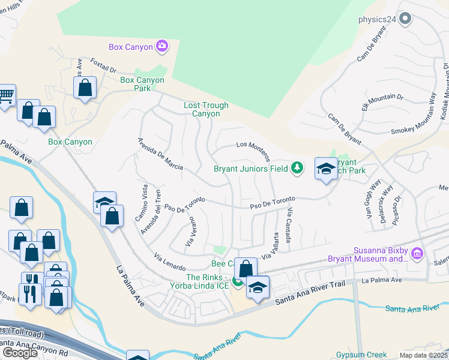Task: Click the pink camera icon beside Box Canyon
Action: [161, 46]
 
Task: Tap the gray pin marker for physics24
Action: [405, 19]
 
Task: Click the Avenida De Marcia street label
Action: [160, 155]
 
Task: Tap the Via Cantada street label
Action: [289, 226]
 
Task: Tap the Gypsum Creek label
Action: [360, 355]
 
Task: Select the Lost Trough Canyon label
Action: [206, 109]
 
